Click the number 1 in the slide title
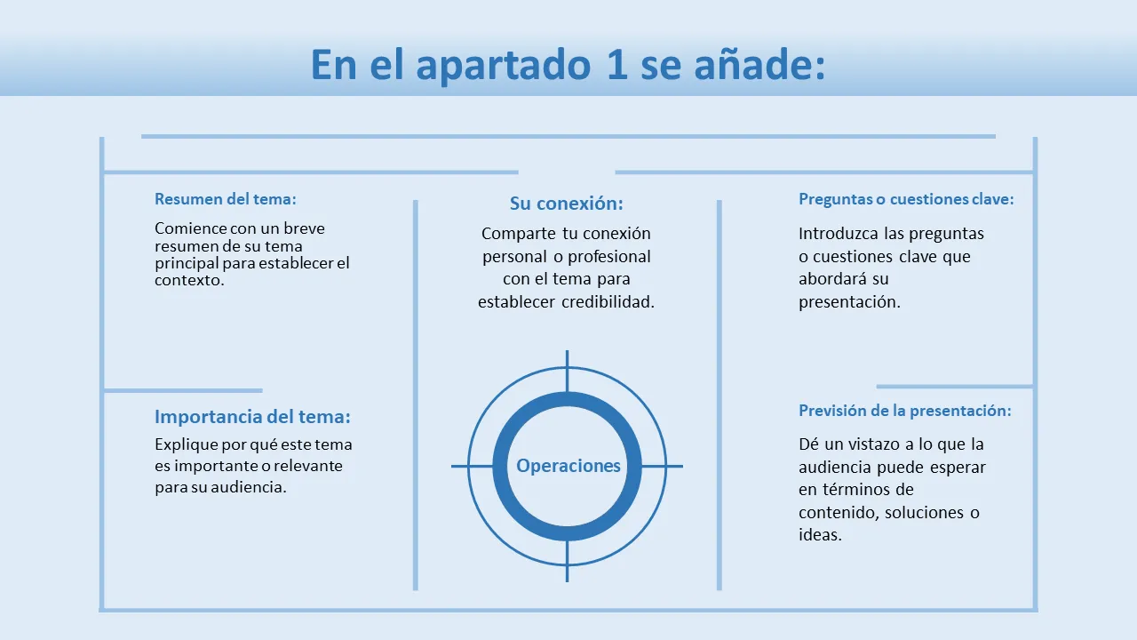pyautogui.click(x=617, y=65)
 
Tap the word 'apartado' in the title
pyautogui.click(x=504, y=66)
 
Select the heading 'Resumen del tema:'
pyautogui.click(x=226, y=198)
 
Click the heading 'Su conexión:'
pyautogui.click(x=567, y=204)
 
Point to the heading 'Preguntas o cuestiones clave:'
pyautogui.click(x=906, y=198)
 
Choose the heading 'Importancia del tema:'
pyautogui.click(x=253, y=417)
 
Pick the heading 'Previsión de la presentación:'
pyautogui.click(x=905, y=411)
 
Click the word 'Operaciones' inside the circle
pyautogui.click(x=568, y=466)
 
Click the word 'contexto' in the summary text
pyautogui.click(x=187, y=280)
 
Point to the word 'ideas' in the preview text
pyautogui.click(x=818, y=535)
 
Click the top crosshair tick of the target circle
pyautogui.click(x=567, y=371)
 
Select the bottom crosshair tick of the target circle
pyautogui.click(x=567, y=561)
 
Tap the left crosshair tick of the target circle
pyautogui.click(x=472, y=466)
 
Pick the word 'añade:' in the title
pyautogui.click(x=759, y=65)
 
